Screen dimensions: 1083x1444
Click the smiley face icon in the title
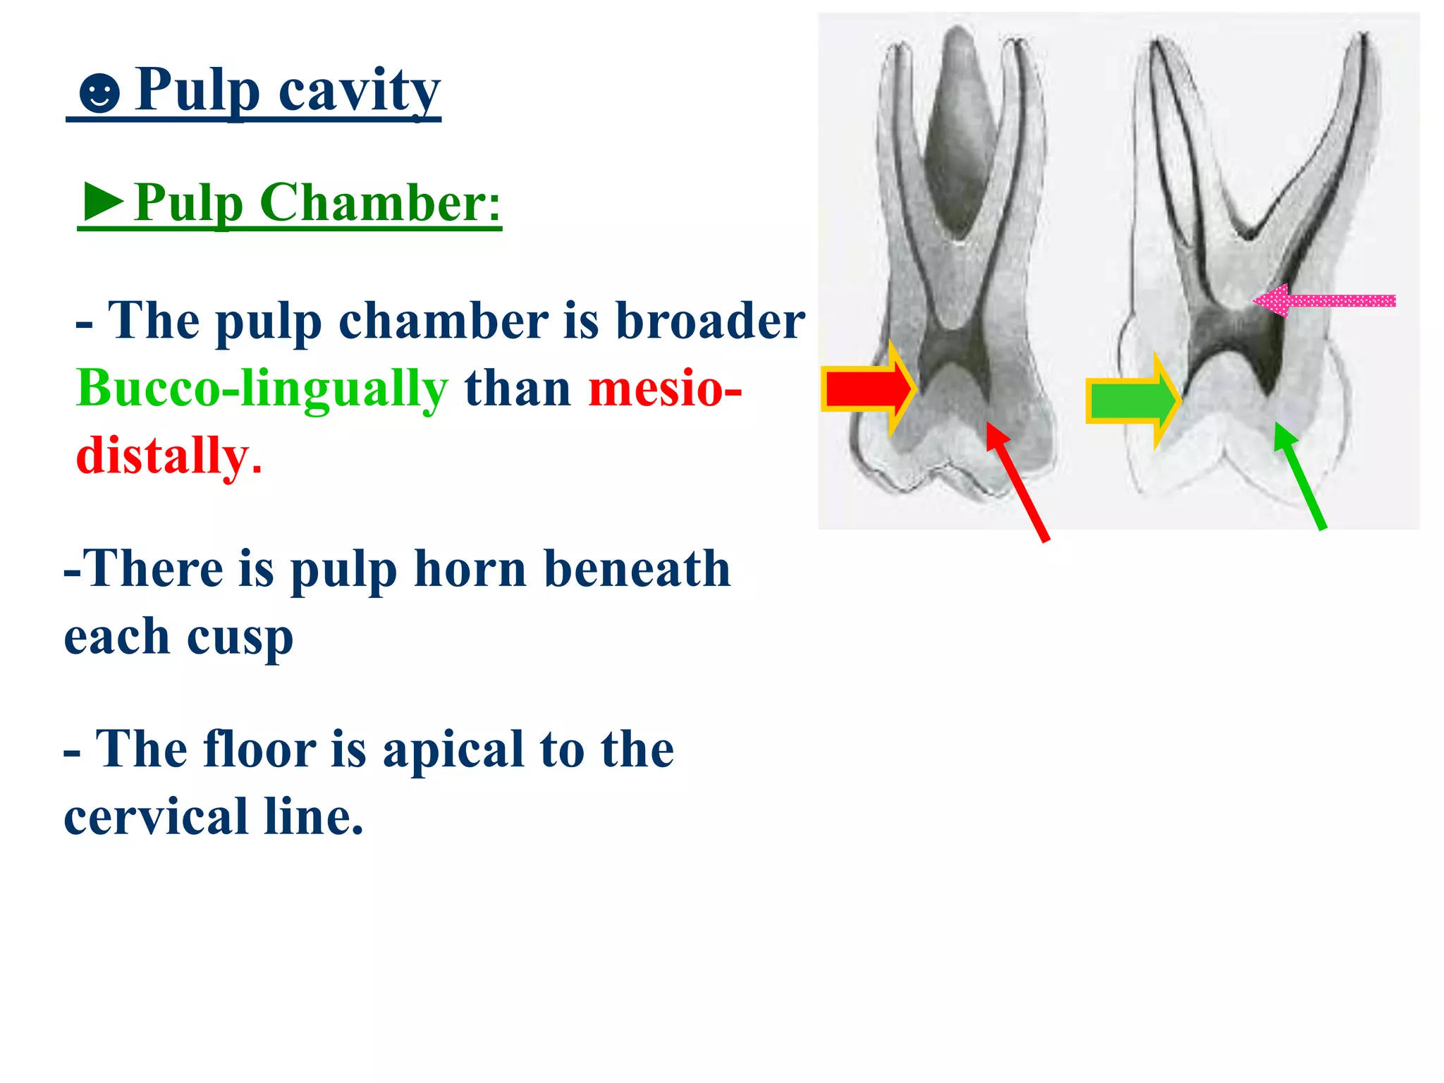(x=99, y=93)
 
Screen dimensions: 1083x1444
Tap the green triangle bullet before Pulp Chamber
(x=103, y=202)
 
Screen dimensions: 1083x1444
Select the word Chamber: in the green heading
(x=380, y=203)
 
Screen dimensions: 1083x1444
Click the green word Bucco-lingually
(x=262, y=388)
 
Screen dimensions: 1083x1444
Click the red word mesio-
(x=665, y=388)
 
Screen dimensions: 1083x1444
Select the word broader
(x=710, y=321)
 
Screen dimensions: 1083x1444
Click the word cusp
(x=240, y=637)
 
